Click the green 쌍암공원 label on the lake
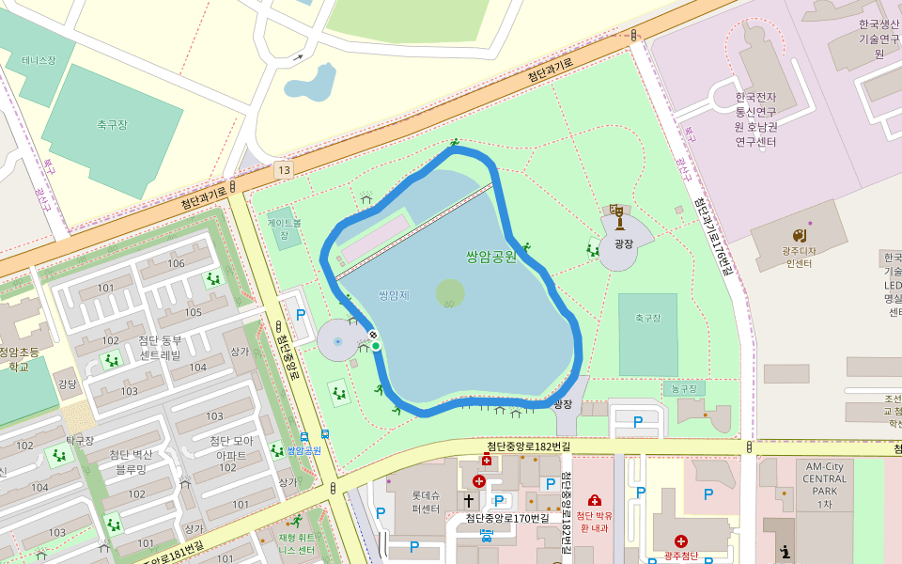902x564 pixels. [490, 256]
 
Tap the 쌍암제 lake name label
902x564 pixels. [394, 295]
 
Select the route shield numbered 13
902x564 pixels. [284, 170]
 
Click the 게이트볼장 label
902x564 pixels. [284, 229]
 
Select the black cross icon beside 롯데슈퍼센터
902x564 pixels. [468, 501]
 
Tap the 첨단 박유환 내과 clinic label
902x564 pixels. [594, 521]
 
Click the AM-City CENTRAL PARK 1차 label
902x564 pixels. [824, 485]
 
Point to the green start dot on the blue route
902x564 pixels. [376, 347]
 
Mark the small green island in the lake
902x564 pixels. [450, 293]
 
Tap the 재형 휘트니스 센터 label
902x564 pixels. [296, 544]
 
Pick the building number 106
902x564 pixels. [176, 263]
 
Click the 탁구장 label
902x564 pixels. [80, 440]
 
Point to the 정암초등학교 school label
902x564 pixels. [20, 359]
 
